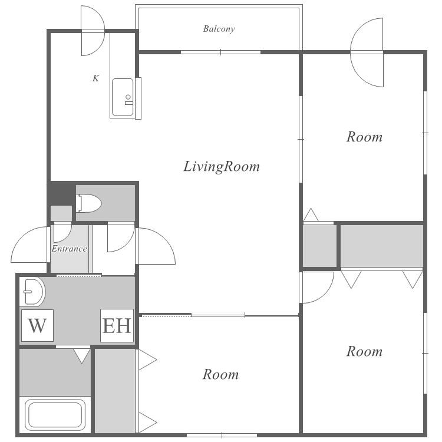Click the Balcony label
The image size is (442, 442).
coord(219,29)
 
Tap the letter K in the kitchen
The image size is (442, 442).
coord(96,78)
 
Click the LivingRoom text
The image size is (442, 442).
coord(222,166)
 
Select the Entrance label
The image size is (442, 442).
coord(70,249)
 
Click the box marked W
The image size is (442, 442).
coord(37,325)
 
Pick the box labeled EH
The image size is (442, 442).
coord(117,325)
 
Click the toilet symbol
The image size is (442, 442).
coord(88,203)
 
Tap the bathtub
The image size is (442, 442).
coord(55,415)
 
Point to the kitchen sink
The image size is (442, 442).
coord(123,97)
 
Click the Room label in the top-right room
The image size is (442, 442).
coord(364,137)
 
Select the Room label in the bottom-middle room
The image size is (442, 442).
coord(220,374)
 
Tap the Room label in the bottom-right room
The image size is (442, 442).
coord(364,351)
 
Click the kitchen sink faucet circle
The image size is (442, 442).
coord(128,97)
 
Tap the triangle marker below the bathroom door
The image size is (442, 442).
coord(82,356)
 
